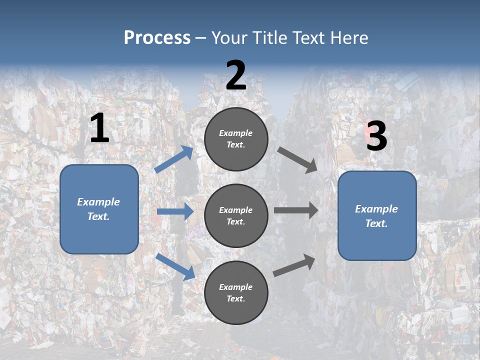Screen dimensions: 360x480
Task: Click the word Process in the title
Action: click(x=157, y=38)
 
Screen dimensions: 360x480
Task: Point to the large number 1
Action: click(x=99, y=128)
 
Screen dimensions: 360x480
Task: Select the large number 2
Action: click(x=236, y=75)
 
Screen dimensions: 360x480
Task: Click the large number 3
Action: click(x=376, y=136)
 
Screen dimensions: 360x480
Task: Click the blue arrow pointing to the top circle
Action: click(x=174, y=159)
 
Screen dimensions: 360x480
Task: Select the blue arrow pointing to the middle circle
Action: click(x=175, y=211)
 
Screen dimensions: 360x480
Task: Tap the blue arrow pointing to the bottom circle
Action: click(x=175, y=266)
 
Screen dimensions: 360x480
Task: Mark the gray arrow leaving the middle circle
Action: click(x=296, y=210)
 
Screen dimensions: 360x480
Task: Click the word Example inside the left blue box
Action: click(x=98, y=202)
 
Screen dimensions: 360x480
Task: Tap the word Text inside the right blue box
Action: click(x=376, y=223)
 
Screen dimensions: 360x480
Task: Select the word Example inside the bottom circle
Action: click(x=235, y=287)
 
